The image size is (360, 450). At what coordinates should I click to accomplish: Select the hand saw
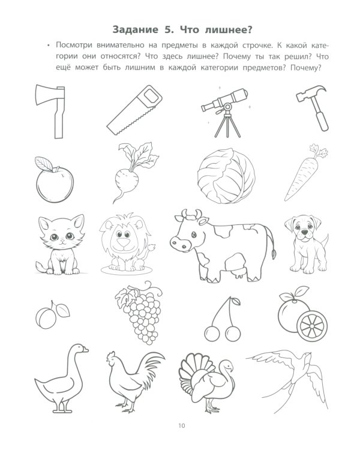click(x=134, y=110)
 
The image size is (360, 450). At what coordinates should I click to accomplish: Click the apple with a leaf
click(x=55, y=180)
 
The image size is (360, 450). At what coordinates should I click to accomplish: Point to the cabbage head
click(x=226, y=176)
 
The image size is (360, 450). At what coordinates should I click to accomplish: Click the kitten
click(x=61, y=245)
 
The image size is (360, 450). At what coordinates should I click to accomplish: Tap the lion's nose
click(x=124, y=242)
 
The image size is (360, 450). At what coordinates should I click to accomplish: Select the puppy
click(x=307, y=244)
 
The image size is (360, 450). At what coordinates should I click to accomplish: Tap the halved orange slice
click(x=312, y=326)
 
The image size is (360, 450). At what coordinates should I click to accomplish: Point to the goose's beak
click(x=85, y=350)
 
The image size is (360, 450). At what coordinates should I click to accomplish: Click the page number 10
click(x=182, y=425)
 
